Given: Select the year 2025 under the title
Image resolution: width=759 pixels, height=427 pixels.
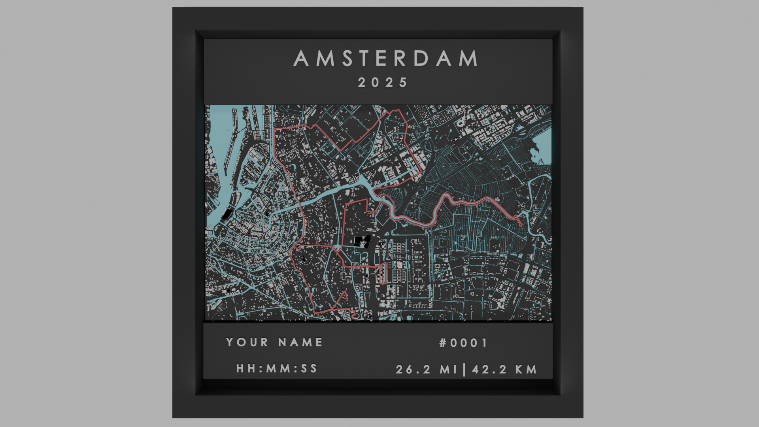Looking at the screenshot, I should point(383,83).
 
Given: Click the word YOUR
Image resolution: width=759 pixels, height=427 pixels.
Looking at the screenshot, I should point(247,342).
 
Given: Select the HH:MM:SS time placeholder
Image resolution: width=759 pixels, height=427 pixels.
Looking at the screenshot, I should point(277,368).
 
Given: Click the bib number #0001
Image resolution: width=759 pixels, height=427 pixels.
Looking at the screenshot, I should point(464,343).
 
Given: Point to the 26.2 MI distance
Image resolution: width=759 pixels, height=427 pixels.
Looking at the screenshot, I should point(427,370).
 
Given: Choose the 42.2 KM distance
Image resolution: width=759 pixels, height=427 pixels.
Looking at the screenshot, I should point(505,370).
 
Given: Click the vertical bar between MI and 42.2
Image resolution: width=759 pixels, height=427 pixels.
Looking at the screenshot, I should point(464,370).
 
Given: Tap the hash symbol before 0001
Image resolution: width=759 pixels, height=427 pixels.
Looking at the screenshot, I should point(443,343).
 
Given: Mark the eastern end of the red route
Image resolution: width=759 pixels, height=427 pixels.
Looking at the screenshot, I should point(521,225).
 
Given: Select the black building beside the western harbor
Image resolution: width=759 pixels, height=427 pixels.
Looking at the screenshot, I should point(227,214).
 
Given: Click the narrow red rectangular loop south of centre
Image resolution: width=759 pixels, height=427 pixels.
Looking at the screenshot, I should point(383,273).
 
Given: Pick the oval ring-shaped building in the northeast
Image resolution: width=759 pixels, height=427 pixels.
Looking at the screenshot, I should point(461,123).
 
